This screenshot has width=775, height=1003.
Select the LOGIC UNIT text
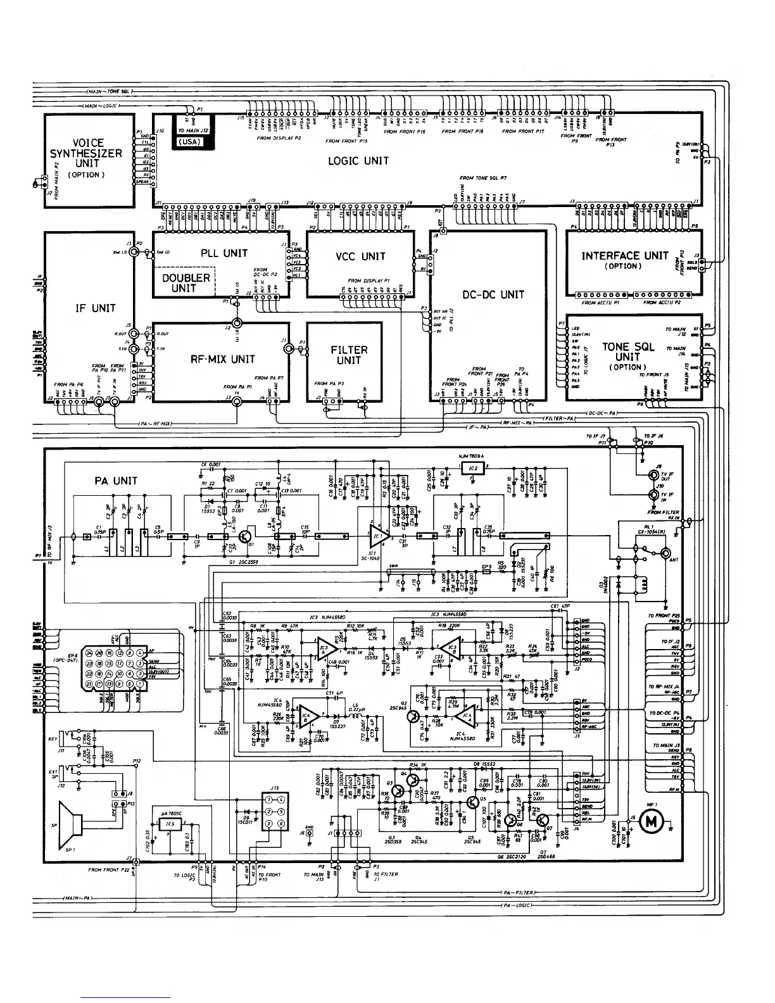pyautogui.click(x=358, y=161)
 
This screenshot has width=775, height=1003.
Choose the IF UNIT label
pyautogui.click(x=96, y=308)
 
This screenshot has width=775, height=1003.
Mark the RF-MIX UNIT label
pyautogui.click(x=223, y=359)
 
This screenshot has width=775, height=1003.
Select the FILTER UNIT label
pyautogui.click(x=349, y=355)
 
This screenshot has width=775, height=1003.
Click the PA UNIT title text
pyautogui.click(x=115, y=481)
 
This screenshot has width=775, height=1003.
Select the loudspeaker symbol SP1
pyautogui.click(x=73, y=825)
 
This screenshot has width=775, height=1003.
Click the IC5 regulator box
pyautogui.click(x=170, y=824)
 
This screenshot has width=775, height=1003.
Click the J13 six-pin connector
pyautogui.click(x=275, y=812)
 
